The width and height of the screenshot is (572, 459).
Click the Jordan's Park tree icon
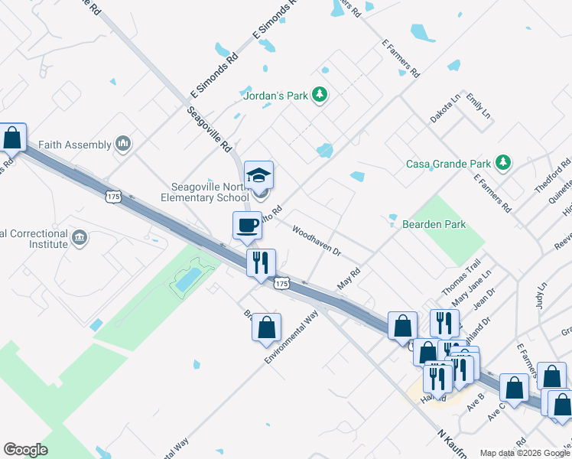pyautogui.click(x=320, y=96)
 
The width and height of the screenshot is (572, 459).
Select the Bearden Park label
pyautogui.click(x=434, y=224)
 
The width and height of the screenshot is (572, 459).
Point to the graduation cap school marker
pyautogui.click(x=258, y=175)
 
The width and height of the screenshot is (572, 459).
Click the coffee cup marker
pyautogui.click(x=247, y=225)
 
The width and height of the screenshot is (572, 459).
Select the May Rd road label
pyautogui.click(x=349, y=278)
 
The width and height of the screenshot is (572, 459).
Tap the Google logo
pyautogui.click(x=25, y=450)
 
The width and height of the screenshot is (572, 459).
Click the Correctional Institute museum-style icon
pyautogui.click(x=80, y=237)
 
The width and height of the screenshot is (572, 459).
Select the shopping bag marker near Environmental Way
pyautogui.click(x=265, y=327)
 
